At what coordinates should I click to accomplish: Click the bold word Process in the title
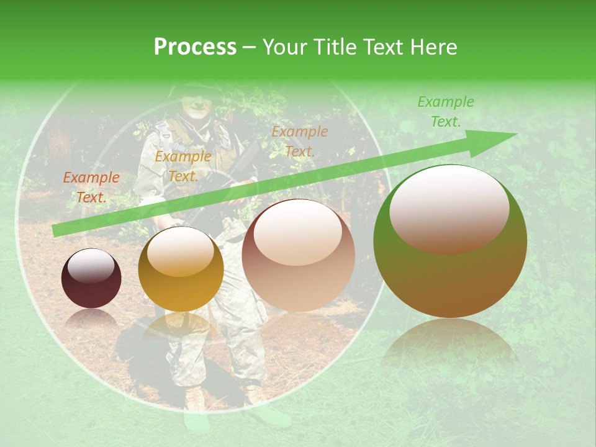(x=195, y=47)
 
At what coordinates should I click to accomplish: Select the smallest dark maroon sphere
(x=91, y=278)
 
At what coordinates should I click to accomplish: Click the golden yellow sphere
(x=181, y=269)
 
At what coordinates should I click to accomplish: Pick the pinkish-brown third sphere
(x=298, y=255)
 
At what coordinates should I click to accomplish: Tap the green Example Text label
(x=445, y=112)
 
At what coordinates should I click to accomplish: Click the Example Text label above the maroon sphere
(x=91, y=187)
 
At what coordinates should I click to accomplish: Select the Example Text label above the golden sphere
(x=183, y=166)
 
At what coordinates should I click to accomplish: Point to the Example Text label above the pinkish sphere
(x=299, y=141)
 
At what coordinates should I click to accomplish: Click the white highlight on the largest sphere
(x=449, y=208)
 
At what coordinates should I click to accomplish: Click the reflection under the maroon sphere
(x=91, y=320)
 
